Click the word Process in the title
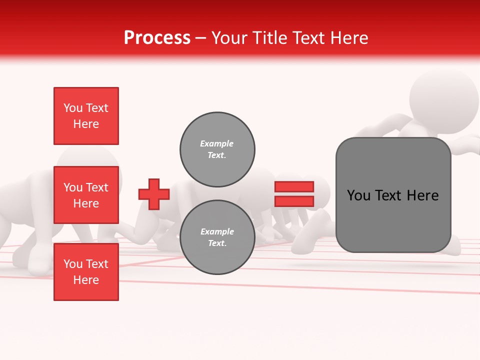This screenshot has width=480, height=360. (x=157, y=38)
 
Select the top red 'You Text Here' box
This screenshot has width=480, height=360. (x=86, y=116)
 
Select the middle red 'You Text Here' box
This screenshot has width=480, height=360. (x=86, y=195)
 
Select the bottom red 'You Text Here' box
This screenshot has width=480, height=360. (x=86, y=272)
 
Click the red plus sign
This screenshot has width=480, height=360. (x=154, y=194)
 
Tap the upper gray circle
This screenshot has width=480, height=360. (x=217, y=149)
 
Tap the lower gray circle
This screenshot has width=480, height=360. (x=217, y=237)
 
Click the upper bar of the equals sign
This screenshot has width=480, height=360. (x=294, y=187)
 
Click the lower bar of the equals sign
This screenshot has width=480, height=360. (x=294, y=201)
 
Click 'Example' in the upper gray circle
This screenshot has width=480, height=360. (x=217, y=144)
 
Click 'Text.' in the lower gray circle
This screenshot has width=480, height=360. (x=217, y=243)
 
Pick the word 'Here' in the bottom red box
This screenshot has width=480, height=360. (x=86, y=280)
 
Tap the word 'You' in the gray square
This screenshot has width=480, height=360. (x=358, y=195)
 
